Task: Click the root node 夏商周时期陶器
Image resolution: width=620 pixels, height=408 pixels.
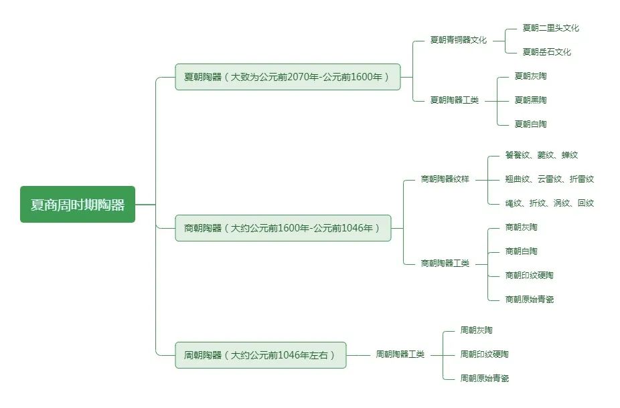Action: [78, 205]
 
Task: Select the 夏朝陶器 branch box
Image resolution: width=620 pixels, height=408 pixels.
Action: [287, 77]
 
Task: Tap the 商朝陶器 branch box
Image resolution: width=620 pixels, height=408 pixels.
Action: [283, 228]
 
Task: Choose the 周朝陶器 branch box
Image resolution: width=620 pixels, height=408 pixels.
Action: [260, 355]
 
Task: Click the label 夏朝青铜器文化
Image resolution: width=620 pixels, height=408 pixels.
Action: [458, 40]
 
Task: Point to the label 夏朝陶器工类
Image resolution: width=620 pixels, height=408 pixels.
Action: [454, 100]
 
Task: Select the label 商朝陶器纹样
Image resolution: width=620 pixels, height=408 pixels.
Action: [445, 179]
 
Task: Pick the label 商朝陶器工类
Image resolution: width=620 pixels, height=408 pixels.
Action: [445, 264]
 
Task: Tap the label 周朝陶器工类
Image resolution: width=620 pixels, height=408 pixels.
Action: [400, 354]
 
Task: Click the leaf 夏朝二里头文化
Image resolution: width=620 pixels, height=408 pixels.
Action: [550, 28]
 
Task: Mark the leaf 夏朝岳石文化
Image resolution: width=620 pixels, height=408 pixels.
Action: [546, 52]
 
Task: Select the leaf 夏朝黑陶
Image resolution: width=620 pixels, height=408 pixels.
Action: [530, 100]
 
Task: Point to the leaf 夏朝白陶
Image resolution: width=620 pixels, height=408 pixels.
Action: [530, 124]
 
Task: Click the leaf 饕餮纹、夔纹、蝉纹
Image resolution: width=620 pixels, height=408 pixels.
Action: [541, 155]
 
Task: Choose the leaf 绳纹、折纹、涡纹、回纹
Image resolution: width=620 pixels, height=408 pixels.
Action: [549, 203]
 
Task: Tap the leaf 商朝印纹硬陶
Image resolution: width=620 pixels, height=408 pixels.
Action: [529, 276]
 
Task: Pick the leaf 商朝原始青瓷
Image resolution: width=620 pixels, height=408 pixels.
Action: [529, 300]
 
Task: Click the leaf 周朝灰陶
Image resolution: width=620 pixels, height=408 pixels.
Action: [476, 330]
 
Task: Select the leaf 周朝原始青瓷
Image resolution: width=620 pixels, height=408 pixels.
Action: [484, 379]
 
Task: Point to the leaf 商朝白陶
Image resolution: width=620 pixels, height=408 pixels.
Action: [521, 251]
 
